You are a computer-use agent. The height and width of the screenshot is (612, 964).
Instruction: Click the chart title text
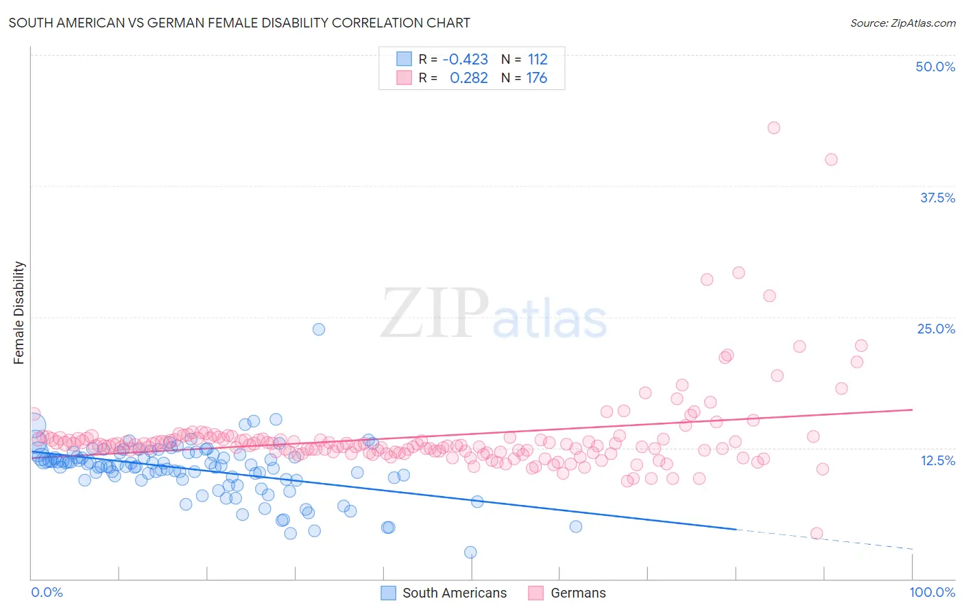[239, 23]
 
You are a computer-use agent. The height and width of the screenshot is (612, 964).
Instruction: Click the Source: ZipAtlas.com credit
[902, 23]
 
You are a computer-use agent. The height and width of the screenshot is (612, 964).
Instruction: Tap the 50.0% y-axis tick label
[935, 67]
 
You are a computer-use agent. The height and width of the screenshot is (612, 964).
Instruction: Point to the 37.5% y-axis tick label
[937, 198]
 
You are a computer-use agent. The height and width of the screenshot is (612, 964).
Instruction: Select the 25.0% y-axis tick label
[936, 329]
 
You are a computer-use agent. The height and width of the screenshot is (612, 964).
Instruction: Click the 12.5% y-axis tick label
[937, 460]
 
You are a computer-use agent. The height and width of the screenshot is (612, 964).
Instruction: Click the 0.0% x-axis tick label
[47, 592]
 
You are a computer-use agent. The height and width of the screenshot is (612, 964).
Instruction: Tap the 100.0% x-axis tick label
[932, 592]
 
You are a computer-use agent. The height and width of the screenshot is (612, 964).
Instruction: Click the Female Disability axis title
[19, 313]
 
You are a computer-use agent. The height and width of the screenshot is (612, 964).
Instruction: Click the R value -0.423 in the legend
[465, 60]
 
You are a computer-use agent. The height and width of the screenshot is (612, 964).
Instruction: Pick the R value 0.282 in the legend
[468, 78]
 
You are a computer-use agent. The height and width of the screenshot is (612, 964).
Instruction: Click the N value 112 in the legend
[538, 60]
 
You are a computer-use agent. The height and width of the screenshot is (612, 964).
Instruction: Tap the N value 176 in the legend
[536, 78]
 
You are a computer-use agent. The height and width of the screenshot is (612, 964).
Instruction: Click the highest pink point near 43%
[773, 128]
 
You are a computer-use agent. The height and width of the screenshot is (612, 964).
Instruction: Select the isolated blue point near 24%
[318, 329]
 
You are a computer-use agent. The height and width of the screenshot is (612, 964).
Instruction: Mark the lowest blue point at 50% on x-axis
[470, 552]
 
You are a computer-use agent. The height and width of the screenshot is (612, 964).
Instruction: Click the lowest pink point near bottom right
[816, 534]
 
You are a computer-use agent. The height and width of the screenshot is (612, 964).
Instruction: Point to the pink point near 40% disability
[831, 160]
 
